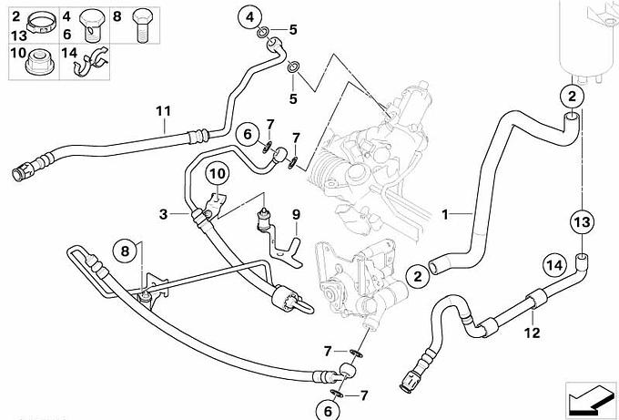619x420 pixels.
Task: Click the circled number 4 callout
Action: (x=251, y=15)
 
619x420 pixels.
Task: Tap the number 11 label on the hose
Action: (x=163, y=112)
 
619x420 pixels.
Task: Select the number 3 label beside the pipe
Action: (x=163, y=214)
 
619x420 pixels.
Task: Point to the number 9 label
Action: (x=295, y=214)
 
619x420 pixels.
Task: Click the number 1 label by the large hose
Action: (x=445, y=215)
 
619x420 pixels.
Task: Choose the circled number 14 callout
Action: (x=553, y=266)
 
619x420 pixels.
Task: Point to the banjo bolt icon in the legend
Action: (x=92, y=23)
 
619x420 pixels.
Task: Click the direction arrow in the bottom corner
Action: (x=589, y=397)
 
